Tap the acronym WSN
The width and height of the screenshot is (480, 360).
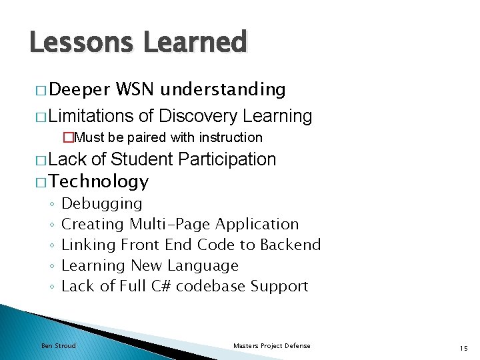pyautogui.click(x=136, y=90)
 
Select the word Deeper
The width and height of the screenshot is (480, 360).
pyautogui.click(x=79, y=90)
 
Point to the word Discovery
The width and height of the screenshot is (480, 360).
pyautogui.click(x=198, y=117)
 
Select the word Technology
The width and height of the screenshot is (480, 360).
pyautogui.click(x=99, y=181)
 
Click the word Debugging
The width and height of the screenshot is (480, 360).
pyautogui.click(x=101, y=204)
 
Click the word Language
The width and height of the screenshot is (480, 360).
pyautogui.click(x=203, y=266)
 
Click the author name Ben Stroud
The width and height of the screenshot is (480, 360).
pyautogui.click(x=59, y=345)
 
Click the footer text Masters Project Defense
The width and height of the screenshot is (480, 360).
pyautogui.click(x=272, y=345)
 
